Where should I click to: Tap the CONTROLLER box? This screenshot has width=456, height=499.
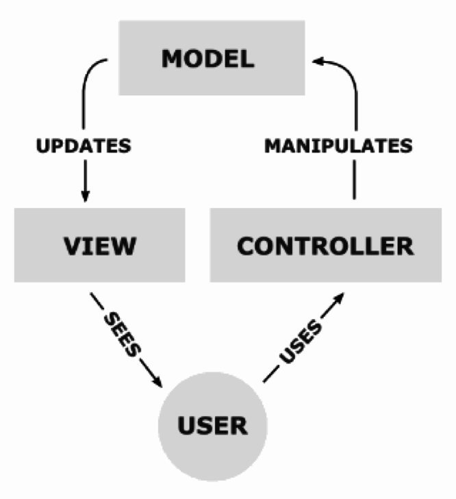click(325, 244)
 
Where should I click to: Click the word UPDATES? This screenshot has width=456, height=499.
click(84, 146)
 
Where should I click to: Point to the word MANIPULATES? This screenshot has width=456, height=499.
click(338, 146)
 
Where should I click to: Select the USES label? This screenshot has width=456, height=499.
click(301, 341)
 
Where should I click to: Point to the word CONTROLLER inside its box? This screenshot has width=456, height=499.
click(325, 245)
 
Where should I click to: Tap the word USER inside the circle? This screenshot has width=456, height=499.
click(212, 426)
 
